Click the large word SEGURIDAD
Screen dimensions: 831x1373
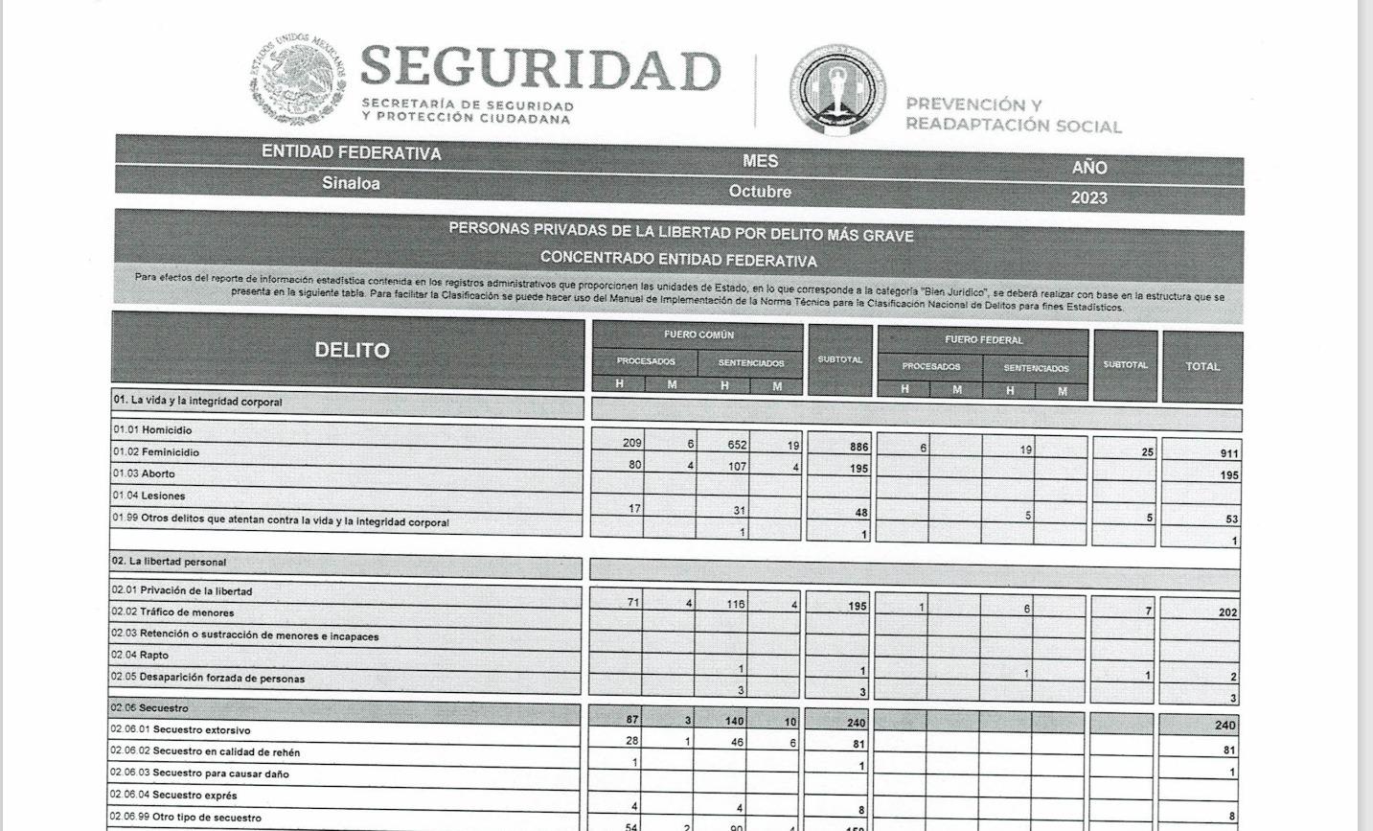(539, 69)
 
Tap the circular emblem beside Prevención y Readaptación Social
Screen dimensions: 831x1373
(836, 89)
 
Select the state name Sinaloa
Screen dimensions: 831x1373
(351, 183)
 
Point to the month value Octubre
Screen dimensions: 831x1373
(760, 191)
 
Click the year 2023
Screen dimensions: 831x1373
(1088, 198)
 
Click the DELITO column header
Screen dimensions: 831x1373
(352, 350)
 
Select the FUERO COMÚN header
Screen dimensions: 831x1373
(698, 335)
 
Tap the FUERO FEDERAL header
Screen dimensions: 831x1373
(983, 339)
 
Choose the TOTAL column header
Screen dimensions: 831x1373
(1201, 366)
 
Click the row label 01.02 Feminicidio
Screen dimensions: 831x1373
(156, 451)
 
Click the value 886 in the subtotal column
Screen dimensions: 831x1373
(858, 447)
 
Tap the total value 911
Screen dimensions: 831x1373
(1228, 453)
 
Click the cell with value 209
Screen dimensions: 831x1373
(631, 443)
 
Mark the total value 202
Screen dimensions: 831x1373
(1226, 612)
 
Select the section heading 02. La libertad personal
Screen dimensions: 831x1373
(169, 562)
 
